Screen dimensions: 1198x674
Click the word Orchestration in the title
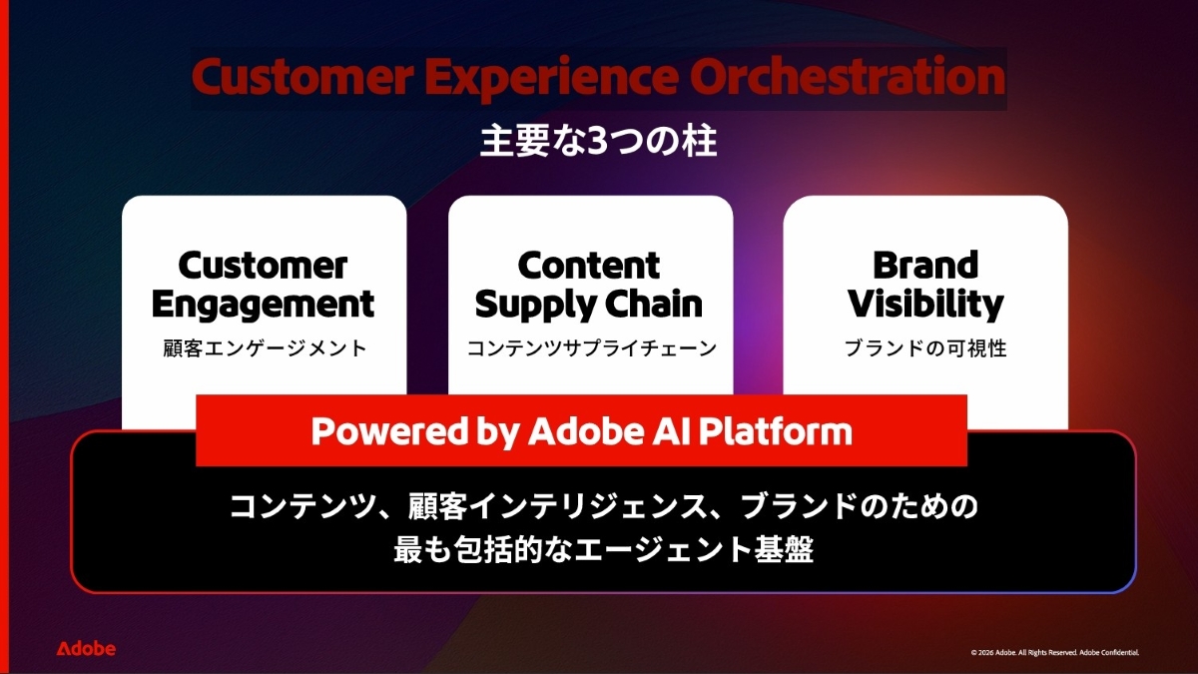click(x=848, y=77)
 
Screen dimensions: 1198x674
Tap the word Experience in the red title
click(x=552, y=79)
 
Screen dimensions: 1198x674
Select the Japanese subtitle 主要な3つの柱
click(x=598, y=142)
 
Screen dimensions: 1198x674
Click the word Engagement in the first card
click(x=263, y=306)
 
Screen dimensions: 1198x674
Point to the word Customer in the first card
click(x=263, y=266)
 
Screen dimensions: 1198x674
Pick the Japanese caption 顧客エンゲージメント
click(x=265, y=348)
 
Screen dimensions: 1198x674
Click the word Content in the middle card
click(x=589, y=266)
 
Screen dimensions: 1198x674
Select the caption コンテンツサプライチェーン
click(x=591, y=348)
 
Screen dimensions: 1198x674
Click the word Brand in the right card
click(x=925, y=266)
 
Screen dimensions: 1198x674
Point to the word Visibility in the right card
click(x=925, y=306)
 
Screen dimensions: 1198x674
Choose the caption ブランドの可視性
click(x=925, y=348)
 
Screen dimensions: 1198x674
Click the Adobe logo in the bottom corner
click(x=86, y=649)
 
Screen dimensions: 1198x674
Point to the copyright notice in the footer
click(x=1054, y=653)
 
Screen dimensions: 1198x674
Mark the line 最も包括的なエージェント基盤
click(x=604, y=550)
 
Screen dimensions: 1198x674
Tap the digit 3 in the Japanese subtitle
click(x=598, y=142)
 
